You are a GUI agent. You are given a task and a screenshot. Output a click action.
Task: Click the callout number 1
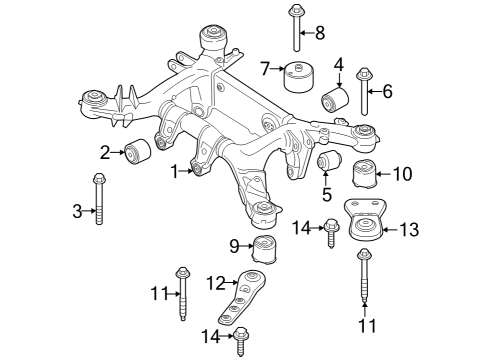click(175, 172)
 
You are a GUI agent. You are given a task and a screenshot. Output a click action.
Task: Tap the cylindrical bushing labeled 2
click(137, 152)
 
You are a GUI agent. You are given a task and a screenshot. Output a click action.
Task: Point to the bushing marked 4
click(333, 100)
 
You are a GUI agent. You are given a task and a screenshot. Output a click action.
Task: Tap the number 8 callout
click(320, 33)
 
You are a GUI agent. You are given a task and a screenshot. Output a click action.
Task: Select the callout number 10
click(402, 174)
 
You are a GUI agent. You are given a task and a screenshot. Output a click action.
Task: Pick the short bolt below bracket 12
click(241, 343)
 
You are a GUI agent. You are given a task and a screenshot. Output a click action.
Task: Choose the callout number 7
click(266, 68)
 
